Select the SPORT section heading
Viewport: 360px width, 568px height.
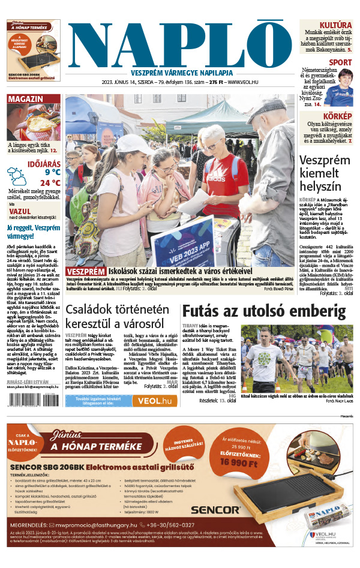pyautogui.click(x=340, y=62)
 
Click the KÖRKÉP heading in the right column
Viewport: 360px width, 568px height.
pyautogui.click(x=337, y=116)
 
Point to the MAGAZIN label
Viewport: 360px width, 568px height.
pyautogui.click(x=25, y=99)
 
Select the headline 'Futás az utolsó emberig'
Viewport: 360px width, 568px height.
pyautogui.click(x=264, y=312)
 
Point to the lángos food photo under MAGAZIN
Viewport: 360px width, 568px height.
pyautogui.click(x=33, y=124)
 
